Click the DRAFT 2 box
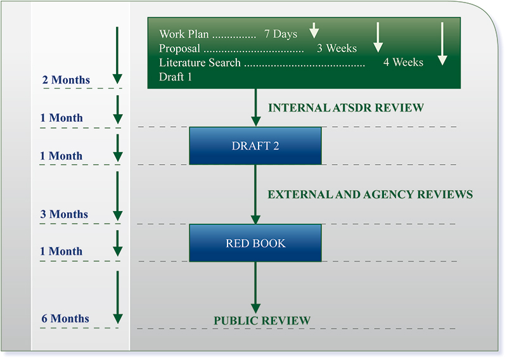(255, 146)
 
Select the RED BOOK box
(255, 243)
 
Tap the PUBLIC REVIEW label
(262, 321)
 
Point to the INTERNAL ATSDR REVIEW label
(345, 108)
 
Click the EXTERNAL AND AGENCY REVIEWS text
(370, 195)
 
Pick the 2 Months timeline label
(66, 80)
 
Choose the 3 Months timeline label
(64, 214)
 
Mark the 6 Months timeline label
(65, 319)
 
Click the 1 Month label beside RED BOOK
(61, 252)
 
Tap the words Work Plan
(184, 34)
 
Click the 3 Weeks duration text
(337, 48)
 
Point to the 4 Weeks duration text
(403, 62)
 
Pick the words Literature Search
(200, 63)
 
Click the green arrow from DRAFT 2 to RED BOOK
(255, 194)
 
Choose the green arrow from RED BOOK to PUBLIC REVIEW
(255, 287)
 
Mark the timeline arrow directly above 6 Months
(117, 295)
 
